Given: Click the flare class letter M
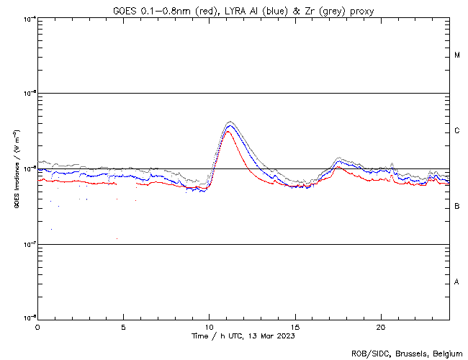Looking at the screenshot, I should tap(457, 55).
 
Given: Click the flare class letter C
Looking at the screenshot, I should tap(457, 131).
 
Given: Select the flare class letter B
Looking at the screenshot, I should tap(457, 207).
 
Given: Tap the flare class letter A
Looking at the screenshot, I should tap(457, 282).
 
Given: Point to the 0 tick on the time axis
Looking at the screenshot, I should tap(37, 326).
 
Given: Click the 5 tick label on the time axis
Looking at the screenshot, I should tap(123, 326).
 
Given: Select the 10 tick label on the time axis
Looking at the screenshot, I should tap(209, 326).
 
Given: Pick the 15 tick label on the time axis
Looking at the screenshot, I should tap(295, 326).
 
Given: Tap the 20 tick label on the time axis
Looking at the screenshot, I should tap(381, 326).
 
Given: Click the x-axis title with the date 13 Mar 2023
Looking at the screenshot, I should tap(243, 336).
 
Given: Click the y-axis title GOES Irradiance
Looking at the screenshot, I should tap(15, 169).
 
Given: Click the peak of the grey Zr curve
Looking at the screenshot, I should tap(230, 122).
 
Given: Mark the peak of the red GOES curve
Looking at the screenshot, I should tap(227, 132).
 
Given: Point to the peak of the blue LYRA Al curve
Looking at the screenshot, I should tap(229, 126).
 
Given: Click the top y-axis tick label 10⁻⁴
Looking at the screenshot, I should tap(28, 18).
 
